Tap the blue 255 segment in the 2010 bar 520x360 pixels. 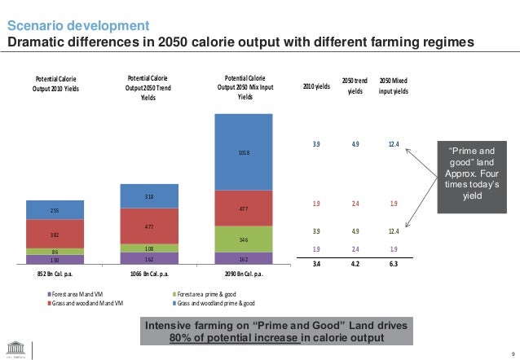(55, 210)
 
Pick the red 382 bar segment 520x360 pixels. (55, 234)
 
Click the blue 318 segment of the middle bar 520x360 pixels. (148, 196)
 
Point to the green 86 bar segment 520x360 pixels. (55, 252)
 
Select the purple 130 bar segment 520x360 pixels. (55, 260)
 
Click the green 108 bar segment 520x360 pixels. (148, 248)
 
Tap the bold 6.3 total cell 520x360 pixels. (393, 264)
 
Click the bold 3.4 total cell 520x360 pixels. (316, 264)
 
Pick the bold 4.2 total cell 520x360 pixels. (355, 264)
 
